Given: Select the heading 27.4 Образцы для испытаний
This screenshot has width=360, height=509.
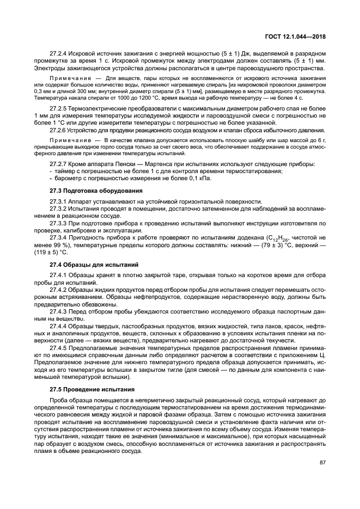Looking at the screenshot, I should click(88, 265).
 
